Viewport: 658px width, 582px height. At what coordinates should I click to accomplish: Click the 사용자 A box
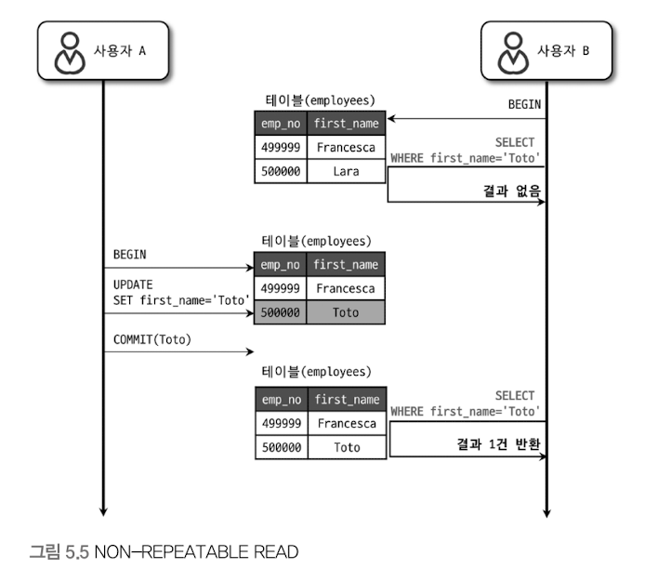103,52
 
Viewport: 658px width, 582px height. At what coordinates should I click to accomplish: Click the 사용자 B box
546,52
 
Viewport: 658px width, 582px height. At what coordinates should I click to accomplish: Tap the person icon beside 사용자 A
70,53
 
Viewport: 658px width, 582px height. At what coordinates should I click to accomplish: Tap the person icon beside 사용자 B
512,53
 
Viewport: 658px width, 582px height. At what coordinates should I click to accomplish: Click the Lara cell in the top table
346,171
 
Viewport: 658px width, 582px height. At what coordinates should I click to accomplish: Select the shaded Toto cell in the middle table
346,313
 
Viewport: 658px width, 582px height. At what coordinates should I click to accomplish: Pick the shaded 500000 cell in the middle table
281,313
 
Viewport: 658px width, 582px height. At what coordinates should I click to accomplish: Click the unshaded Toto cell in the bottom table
346,447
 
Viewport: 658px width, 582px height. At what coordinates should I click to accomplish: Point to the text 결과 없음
512,192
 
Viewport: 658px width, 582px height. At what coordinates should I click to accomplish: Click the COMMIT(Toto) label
151,339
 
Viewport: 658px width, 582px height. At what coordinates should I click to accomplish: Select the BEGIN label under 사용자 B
524,105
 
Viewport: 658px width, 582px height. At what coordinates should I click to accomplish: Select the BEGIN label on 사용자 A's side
129,254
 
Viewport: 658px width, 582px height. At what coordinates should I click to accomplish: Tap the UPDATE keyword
133,284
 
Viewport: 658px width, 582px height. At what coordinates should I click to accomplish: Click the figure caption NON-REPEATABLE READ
164,552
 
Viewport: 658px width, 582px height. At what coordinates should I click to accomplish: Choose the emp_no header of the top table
281,124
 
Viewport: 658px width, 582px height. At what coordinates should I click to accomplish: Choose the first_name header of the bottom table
346,400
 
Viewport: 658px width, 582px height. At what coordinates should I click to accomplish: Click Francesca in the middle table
346,288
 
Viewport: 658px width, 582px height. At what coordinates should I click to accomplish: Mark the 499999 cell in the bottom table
281,423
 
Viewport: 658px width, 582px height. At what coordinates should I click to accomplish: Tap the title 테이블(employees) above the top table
321,99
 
